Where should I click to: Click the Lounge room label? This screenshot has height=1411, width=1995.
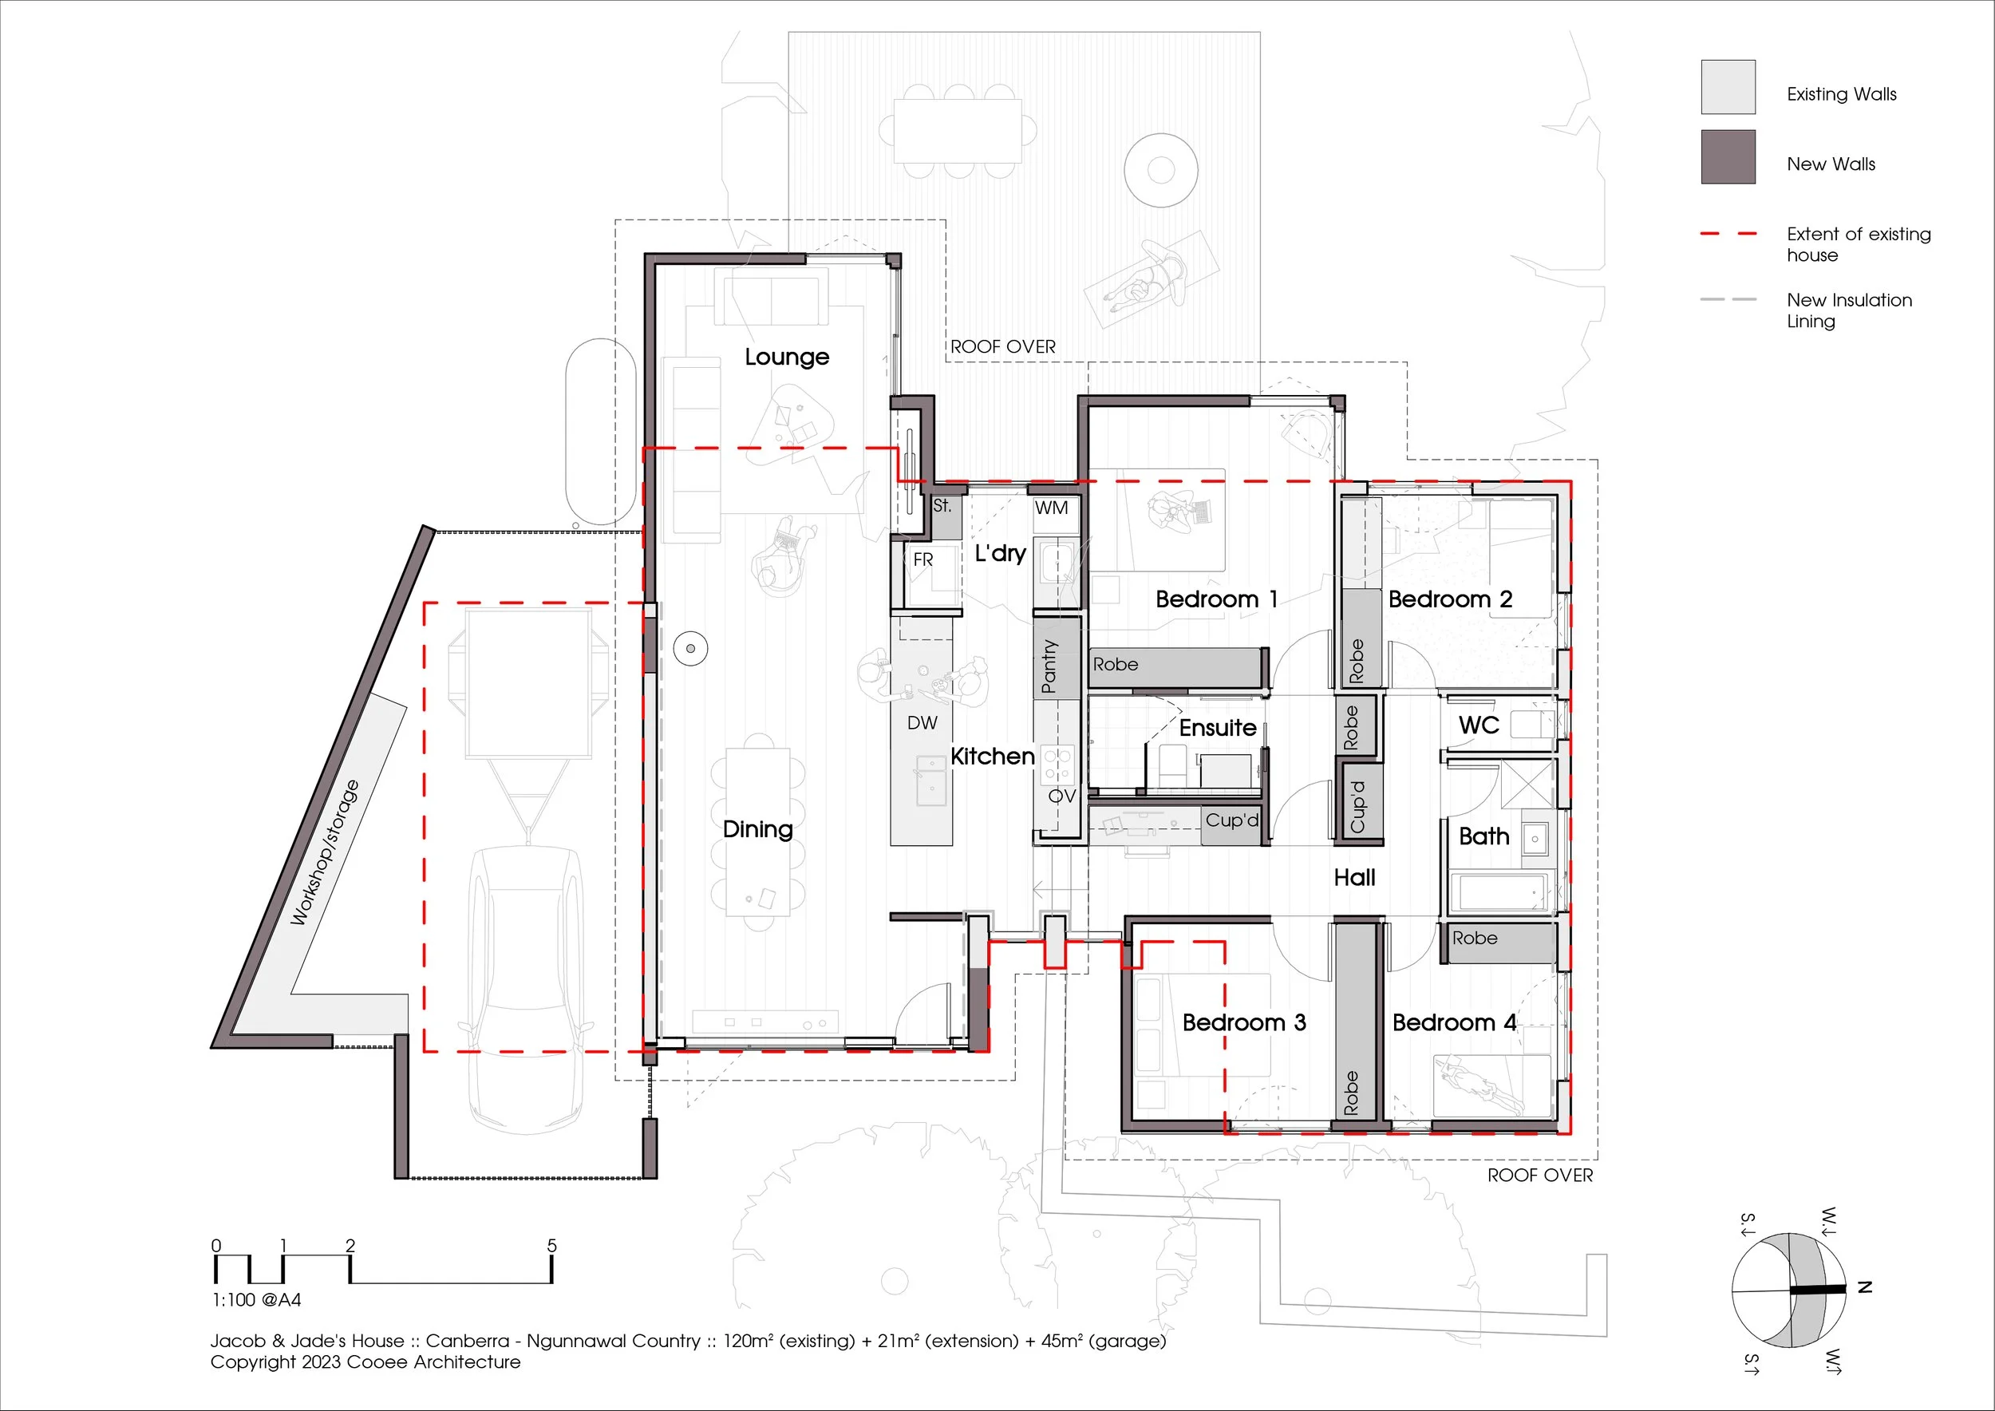point(786,357)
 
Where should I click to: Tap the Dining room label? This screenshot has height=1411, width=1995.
point(757,829)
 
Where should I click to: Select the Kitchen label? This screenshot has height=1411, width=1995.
point(992,756)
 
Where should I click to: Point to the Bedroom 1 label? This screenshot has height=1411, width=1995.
point(1215,599)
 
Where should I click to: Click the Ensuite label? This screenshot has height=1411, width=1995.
point(1217,727)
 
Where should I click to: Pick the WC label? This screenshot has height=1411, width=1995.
point(1479,725)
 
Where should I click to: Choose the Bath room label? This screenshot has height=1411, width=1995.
point(1484,836)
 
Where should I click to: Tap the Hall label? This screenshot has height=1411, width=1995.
point(1355,878)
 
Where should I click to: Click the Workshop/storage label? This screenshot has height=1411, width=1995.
point(324,852)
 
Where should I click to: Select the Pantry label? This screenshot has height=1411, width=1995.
point(1049,666)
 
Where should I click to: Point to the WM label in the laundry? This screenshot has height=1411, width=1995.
point(1052,508)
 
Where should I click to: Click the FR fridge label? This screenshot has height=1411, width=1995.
point(922,560)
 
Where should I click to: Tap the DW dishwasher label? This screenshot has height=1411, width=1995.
point(922,723)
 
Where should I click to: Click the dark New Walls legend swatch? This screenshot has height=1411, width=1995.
point(1728,156)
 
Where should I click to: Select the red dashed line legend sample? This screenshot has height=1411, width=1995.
point(1728,234)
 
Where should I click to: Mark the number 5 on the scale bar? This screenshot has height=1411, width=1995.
point(551,1245)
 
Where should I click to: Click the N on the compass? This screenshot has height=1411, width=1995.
point(1864,1286)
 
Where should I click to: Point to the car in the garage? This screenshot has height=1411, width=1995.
point(527,990)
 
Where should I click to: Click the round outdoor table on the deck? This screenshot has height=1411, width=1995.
point(1161,169)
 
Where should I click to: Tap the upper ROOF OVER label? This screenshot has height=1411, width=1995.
point(1003,346)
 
